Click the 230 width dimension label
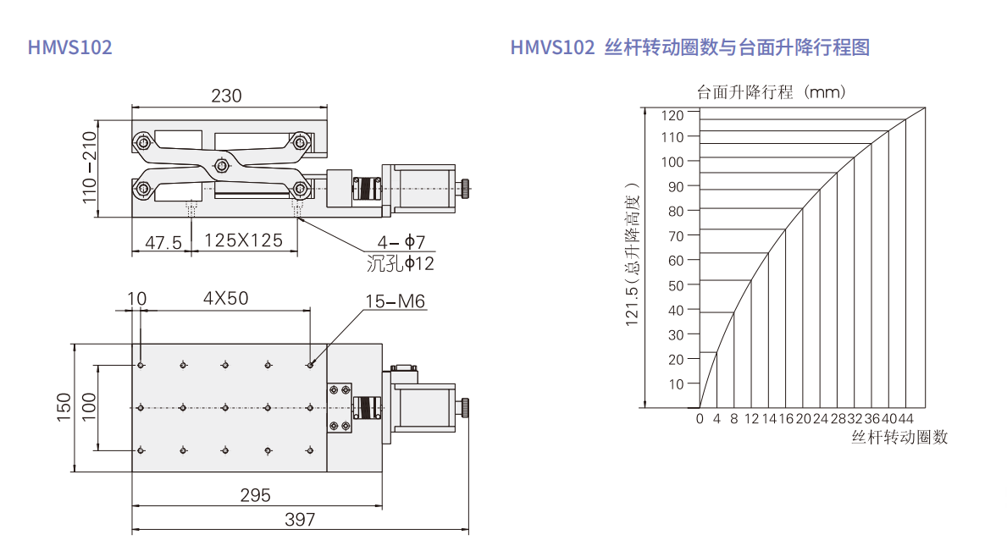(226, 96)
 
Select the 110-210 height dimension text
(89, 168)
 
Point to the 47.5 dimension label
(163, 242)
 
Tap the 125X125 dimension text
(243, 240)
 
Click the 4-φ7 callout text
(401, 242)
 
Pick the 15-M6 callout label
(395, 301)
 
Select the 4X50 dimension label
(225, 298)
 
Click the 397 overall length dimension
(300, 519)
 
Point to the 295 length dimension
(255, 494)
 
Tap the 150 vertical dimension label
(64, 407)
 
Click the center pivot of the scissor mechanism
(222, 166)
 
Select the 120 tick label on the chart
(672, 115)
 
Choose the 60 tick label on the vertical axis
(676, 261)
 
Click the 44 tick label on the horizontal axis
(905, 418)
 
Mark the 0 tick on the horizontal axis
(700, 418)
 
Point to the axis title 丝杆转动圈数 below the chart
(899, 437)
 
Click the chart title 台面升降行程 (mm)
(772, 91)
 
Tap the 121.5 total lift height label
(633, 253)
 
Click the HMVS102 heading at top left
(70, 47)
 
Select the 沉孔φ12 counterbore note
(400, 263)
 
